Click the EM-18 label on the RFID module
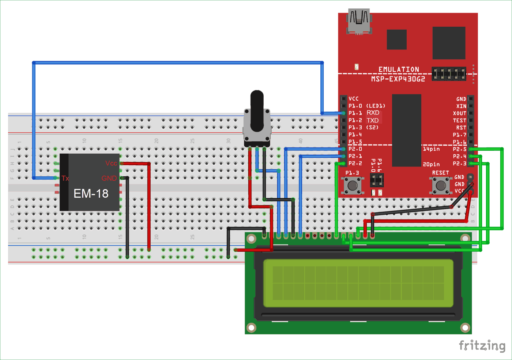tap(91, 194)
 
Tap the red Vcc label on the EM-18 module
tap(111, 163)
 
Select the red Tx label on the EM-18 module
tap(65, 178)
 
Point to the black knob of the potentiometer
tap(257, 110)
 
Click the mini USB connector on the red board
tap(359, 21)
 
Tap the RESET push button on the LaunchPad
tap(440, 185)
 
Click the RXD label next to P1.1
tap(373, 113)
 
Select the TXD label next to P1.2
tap(373, 120)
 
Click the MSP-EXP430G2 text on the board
tap(398, 79)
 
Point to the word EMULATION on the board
tap(399, 70)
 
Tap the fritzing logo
tap(482, 345)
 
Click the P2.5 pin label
tap(460, 149)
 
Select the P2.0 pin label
tap(355, 149)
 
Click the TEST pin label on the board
tap(460, 120)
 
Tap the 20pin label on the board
tap(431, 164)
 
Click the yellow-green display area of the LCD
tap(358, 283)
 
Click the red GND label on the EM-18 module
tap(109, 178)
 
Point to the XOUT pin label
tap(460, 113)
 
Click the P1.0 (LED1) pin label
tap(367, 106)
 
